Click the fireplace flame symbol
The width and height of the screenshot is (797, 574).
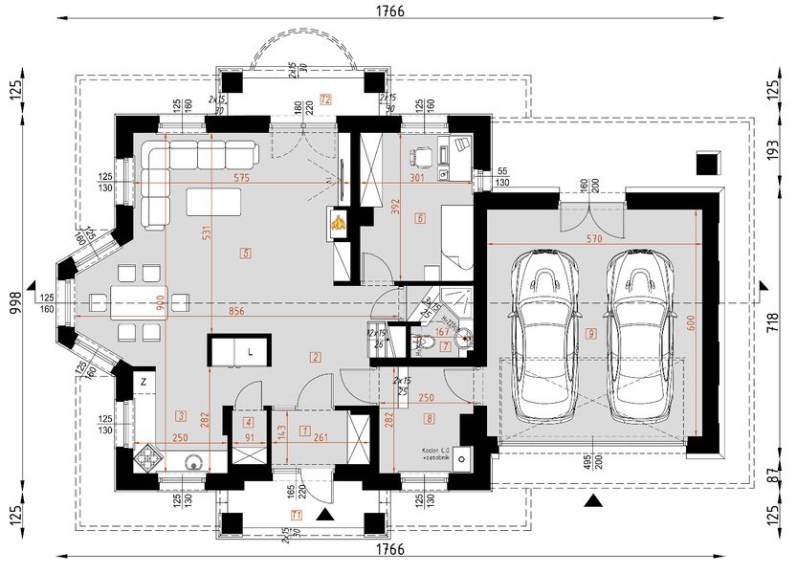coord(339,224)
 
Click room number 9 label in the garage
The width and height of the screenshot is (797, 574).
coord(592,333)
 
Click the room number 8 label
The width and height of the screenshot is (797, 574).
coord(430,417)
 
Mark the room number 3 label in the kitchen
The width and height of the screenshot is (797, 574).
coord(180,415)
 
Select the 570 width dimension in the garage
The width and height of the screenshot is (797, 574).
coord(594,238)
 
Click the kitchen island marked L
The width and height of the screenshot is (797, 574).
coord(239,350)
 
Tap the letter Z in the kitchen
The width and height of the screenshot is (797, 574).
coord(143,382)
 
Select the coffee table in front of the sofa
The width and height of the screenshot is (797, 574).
coord(213,202)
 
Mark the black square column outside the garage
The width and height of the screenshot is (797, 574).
coord(708,163)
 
